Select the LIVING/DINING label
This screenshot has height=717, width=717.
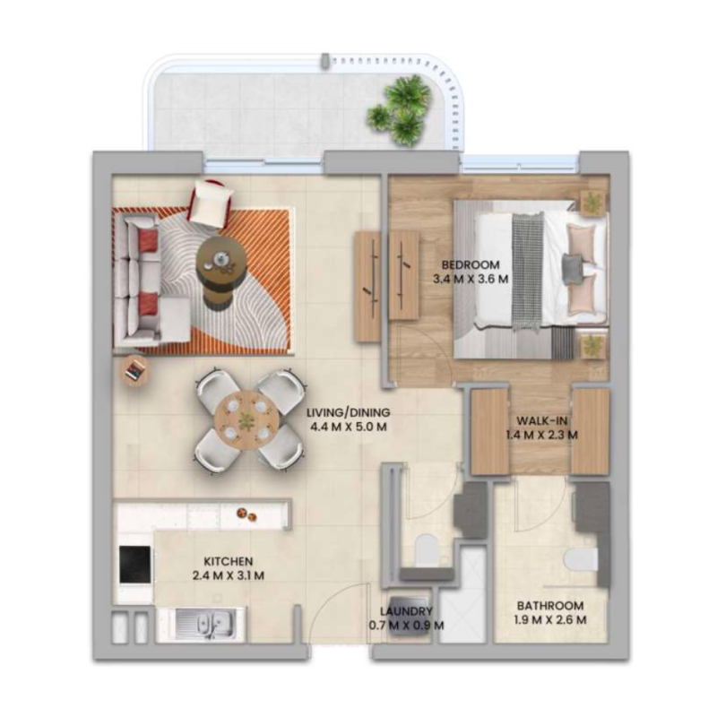pyautogui.click(x=348, y=413)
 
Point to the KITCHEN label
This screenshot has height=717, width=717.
pyautogui.click(x=228, y=560)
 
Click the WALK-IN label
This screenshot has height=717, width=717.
pyautogui.click(x=540, y=420)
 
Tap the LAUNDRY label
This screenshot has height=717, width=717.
pyautogui.click(x=406, y=610)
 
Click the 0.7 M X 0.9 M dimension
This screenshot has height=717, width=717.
pyautogui.click(x=406, y=625)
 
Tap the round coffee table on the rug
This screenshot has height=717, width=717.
pyautogui.click(x=221, y=261)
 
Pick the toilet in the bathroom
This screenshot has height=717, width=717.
pyautogui.click(x=582, y=559)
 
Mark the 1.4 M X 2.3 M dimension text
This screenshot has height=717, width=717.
pyautogui.click(x=540, y=436)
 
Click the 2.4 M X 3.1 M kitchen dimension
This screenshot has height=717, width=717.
pyautogui.click(x=228, y=575)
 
